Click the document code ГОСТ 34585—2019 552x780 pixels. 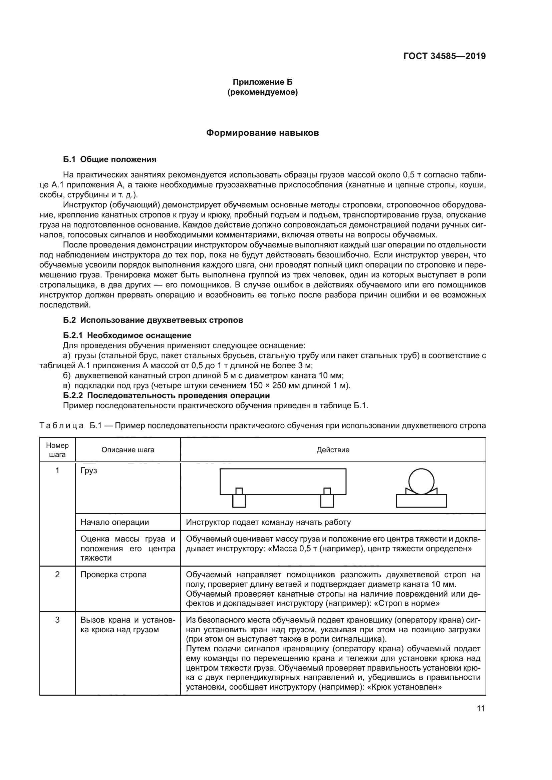click(444, 56)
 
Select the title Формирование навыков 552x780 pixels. click(262, 133)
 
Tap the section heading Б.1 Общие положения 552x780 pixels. click(109, 159)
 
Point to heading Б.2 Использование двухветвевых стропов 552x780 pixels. click(153, 320)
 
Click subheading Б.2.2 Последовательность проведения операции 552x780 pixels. click(166, 396)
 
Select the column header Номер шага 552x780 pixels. click(57, 450)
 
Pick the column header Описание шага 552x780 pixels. click(128, 450)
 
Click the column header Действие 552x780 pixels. click(333, 450)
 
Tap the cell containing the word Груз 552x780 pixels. click(89, 471)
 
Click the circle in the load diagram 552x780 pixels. click(421, 482)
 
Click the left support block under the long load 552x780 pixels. click(239, 501)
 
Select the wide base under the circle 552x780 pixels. click(421, 501)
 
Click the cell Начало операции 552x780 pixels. click(114, 522)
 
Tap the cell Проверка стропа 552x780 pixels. click(113, 575)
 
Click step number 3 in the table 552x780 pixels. click(57, 620)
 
